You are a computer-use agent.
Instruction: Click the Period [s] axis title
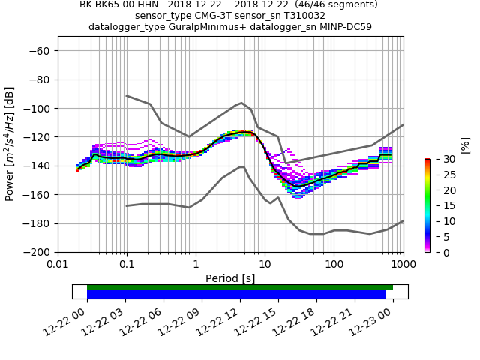[x=230, y=277]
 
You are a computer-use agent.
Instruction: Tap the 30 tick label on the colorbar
[x=439, y=159]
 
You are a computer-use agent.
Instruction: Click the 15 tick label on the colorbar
[x=439, y=205]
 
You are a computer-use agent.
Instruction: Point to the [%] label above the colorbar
[x=464, y=145]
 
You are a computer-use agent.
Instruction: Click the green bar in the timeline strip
[x=240, y=287]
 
